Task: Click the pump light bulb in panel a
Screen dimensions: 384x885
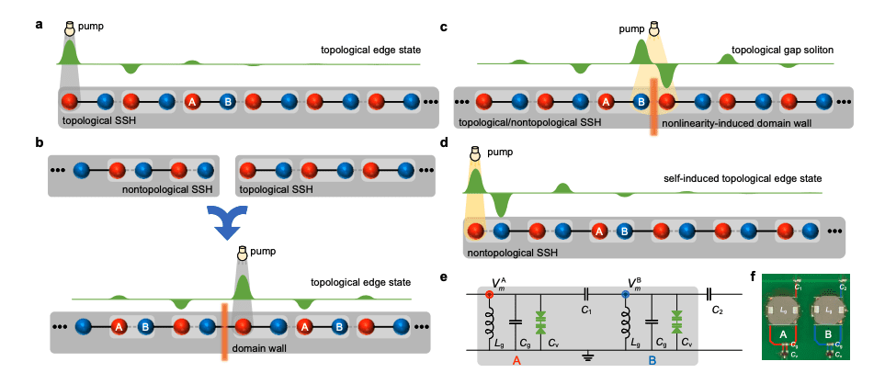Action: coord(68,28)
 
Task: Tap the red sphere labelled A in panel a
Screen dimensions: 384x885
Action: coord(193,102)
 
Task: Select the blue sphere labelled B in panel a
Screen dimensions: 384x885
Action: coord(225,102)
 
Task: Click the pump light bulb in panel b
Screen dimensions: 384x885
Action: coord(242,253)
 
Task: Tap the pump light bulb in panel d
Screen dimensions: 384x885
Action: coord(476,155)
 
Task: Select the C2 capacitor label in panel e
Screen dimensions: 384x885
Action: coord(718,311)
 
